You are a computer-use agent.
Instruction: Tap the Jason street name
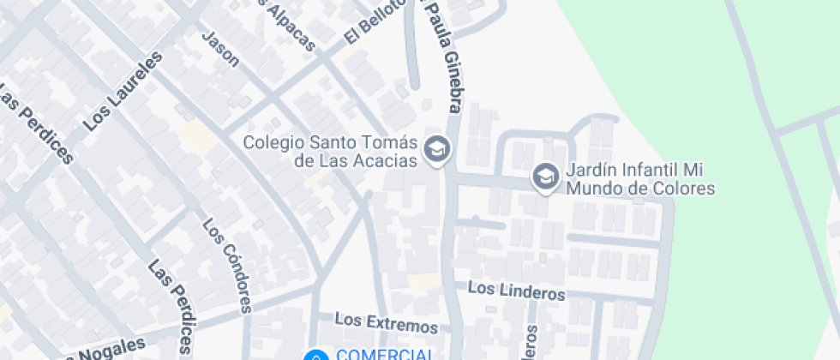tap(220, 49)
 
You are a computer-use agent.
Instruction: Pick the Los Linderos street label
tap(518, 292)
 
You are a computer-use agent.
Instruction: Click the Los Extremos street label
tap(386, 323)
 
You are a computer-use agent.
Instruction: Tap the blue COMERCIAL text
tap(384, 354)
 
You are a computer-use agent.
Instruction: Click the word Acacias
tap(389, 160)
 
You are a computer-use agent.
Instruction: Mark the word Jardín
tap(587, 170)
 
